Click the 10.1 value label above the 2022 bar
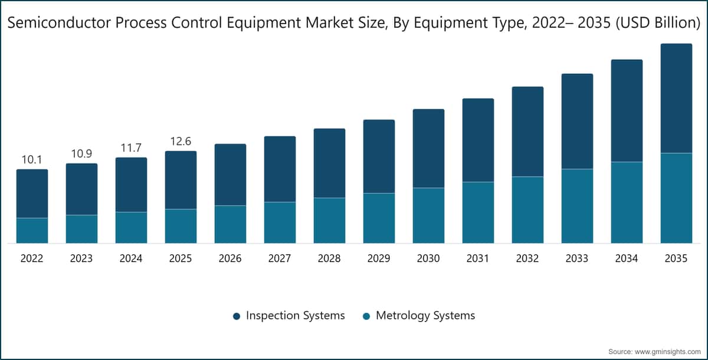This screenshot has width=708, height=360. tap(32, 160)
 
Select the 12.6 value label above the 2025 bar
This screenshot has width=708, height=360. tap(181, 142)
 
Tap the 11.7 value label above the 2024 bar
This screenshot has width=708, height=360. tap(131, 148)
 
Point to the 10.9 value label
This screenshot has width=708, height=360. tap(81, 154)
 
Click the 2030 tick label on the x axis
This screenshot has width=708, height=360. tap(428, 258)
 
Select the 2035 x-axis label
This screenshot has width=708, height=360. tap(676, 258)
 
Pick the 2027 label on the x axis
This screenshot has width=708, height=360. tap(280, 258)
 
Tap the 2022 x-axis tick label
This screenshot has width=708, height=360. tap(32, 258)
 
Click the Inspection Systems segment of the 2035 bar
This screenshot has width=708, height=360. tap(676, 98)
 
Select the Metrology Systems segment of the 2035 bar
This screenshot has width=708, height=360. tap(676, 198)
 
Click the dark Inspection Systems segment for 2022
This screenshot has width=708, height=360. tap(32, 194)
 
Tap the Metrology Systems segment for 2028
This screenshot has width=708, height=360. tap(329, 220)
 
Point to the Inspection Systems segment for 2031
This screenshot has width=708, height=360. tap(478, 140)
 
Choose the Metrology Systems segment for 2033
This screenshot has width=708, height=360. tap(577, 206)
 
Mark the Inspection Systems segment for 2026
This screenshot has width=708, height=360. tap(230, 175)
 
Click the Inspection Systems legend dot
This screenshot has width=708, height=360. tap(236, 316)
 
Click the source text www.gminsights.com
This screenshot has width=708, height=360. tap(666, 351)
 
